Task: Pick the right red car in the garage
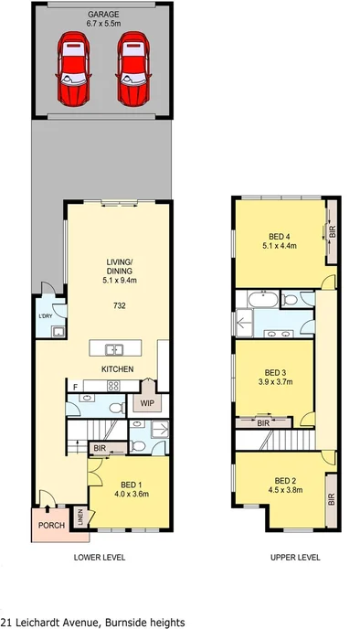point(132,70)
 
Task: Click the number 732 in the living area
point(120,305)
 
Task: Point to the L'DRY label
point(46,316)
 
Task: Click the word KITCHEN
point(118,369)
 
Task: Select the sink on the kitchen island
point(114,348)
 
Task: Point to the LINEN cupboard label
point(79,517)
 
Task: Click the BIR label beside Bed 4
point(332,231)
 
